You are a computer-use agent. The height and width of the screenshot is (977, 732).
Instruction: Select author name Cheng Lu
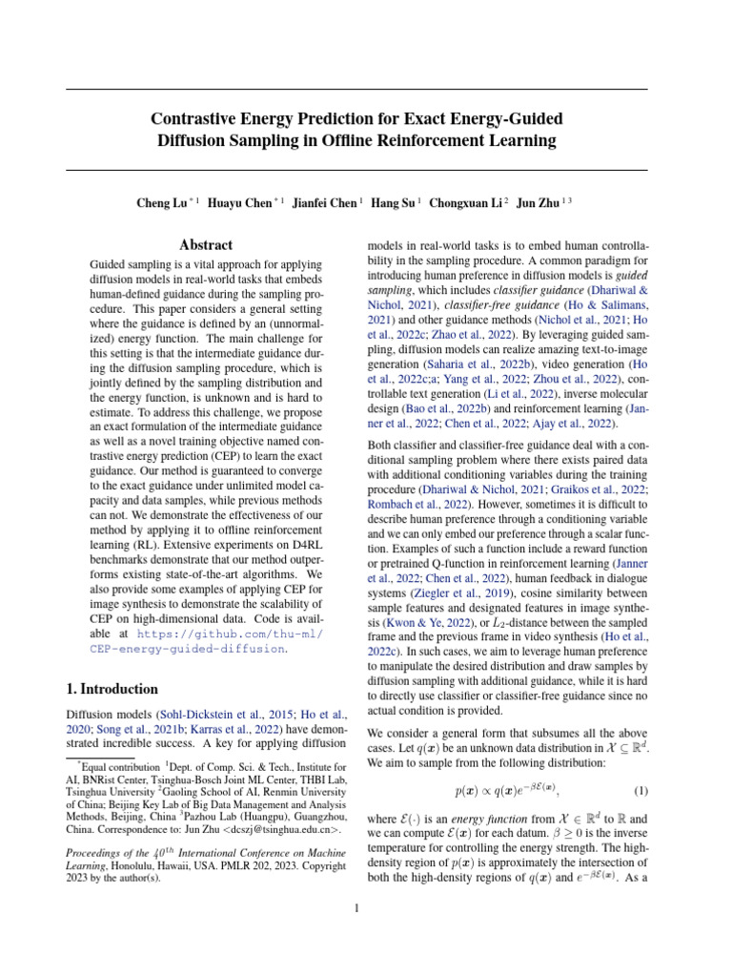[x=161, y=203]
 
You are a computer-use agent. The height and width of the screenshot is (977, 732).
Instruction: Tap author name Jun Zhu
[x=539, y=203]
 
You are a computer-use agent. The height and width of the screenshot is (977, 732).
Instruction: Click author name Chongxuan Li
[x=466, y=203]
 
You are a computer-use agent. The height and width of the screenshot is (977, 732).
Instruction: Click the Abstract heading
[x=206, y=245]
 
